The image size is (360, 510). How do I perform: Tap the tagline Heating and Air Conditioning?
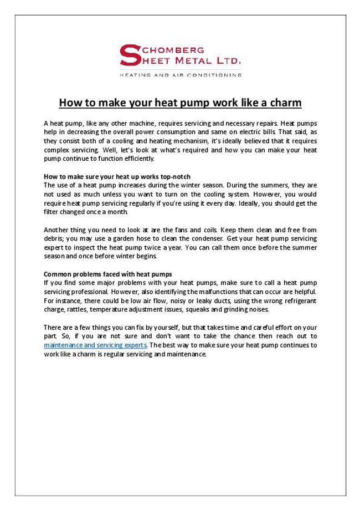click(180, 74)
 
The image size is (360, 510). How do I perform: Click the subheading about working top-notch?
click(117, 176)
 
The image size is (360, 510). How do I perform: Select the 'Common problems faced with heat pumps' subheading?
click(107, 274)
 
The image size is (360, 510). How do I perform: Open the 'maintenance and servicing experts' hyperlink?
click(95, 345)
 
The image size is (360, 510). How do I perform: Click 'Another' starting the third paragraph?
click(56, 229)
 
